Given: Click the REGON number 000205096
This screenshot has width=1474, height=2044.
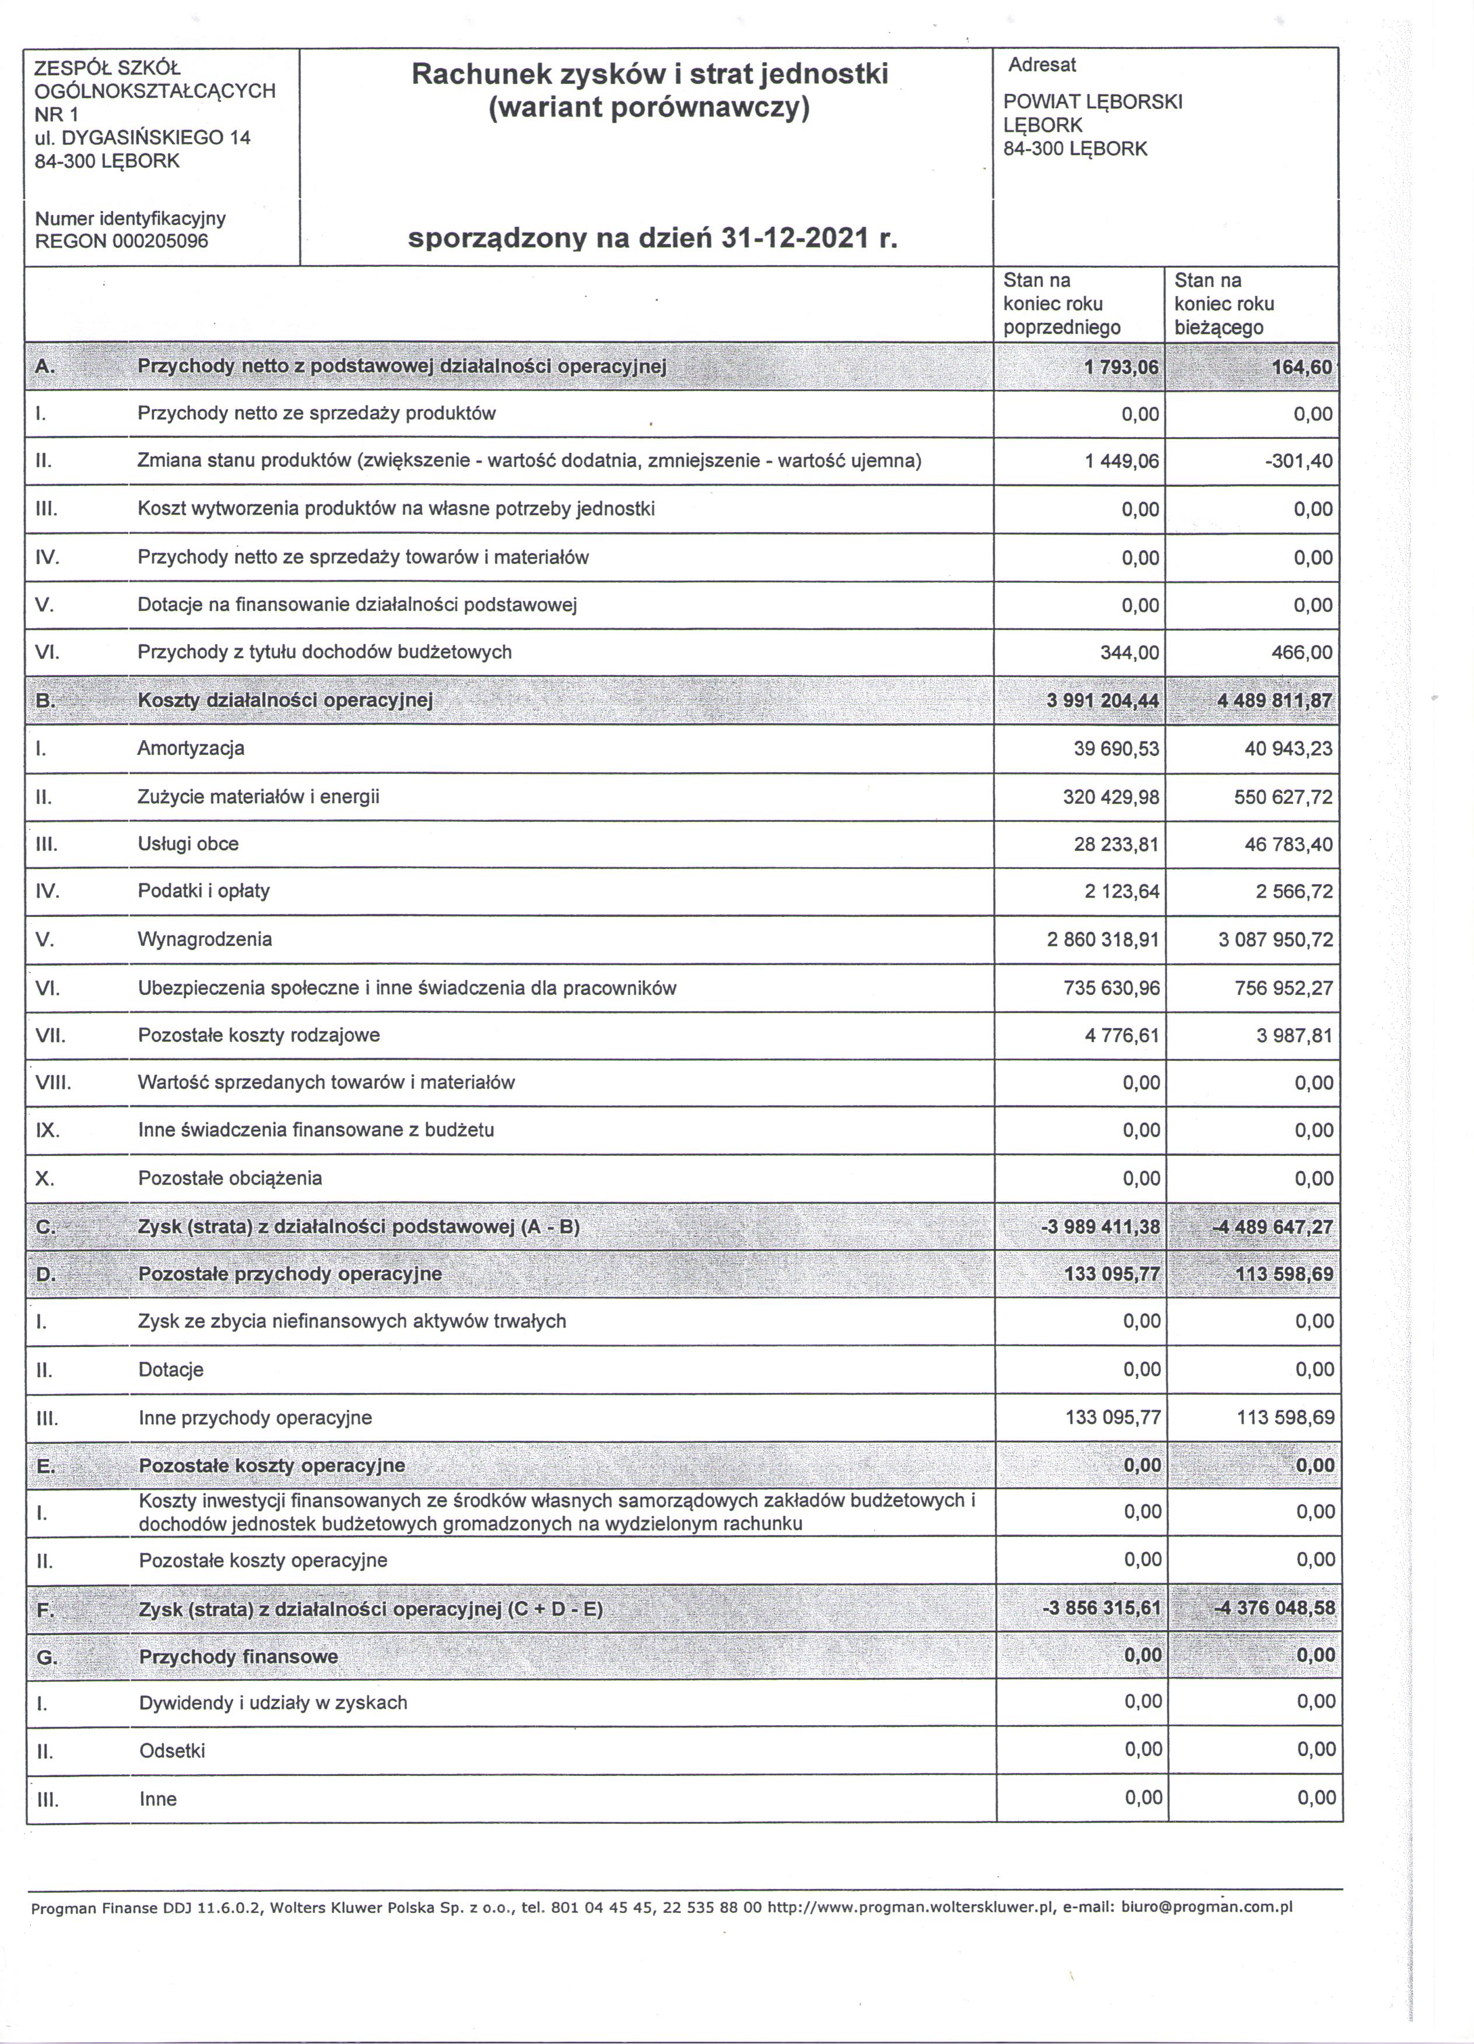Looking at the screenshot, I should coord(160,241).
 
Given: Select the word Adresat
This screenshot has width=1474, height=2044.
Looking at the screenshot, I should coord(1041,65).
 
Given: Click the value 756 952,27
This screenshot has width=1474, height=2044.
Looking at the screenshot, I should coord(1284,988).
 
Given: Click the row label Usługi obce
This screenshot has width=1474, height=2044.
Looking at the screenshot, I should coord(188,845).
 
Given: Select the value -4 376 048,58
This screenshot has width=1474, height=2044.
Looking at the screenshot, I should coord(1275,1609).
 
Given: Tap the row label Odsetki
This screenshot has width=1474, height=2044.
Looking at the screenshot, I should coord(172,1751).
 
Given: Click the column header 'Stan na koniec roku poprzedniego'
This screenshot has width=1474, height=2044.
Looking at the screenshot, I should coord(1061,304).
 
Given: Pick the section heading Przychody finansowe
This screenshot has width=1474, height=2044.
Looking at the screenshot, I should coord(238,1656).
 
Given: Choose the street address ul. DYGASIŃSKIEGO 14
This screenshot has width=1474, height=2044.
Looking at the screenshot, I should coord(142,138).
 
